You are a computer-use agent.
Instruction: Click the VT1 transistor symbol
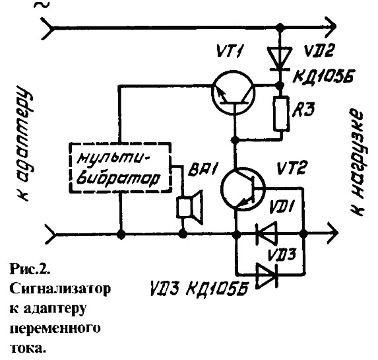click(233, 92)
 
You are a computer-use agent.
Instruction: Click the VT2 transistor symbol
click(243, 188)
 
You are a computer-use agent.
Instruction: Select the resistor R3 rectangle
click(281, 114)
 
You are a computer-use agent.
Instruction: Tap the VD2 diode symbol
click(280, 58)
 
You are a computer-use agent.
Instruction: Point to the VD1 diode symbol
click(267, 234)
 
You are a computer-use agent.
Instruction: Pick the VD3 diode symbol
click(267, 275)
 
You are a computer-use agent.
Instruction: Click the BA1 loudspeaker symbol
click(189, 207)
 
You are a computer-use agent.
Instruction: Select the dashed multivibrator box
click(120, 167)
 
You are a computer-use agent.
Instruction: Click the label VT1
click(228, 51)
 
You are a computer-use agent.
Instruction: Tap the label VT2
click(291, 168)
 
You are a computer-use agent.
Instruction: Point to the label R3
click(303, 110)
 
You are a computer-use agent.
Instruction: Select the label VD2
click(319, 52)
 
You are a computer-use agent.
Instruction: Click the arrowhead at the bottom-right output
click(333, 233)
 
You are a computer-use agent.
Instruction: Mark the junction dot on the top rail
click(280, 26)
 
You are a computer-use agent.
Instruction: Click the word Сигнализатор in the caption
click(60, 289)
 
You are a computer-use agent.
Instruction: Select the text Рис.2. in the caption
click(30, 270)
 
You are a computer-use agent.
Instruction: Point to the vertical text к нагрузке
click(356, 163)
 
